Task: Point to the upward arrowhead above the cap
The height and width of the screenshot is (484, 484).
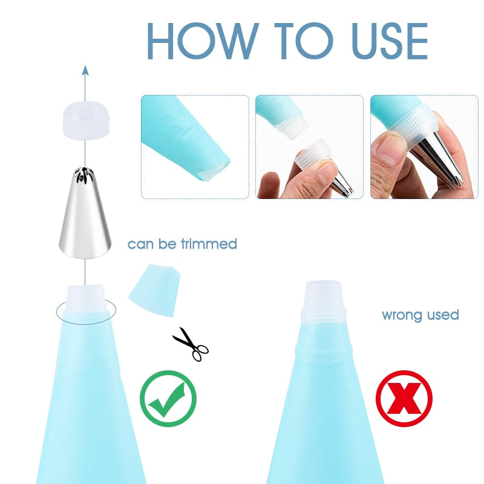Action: [x=85, y=70]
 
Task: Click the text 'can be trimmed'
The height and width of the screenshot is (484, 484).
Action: [x=182, y=244]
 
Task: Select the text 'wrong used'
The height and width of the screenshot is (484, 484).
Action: [x=420, y=315]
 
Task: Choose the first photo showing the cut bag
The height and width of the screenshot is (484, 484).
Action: [x=195, y=146]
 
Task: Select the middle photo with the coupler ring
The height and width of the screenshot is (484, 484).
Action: [x=309, y=146]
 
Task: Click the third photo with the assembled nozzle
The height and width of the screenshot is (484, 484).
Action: [x=423, y=146]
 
